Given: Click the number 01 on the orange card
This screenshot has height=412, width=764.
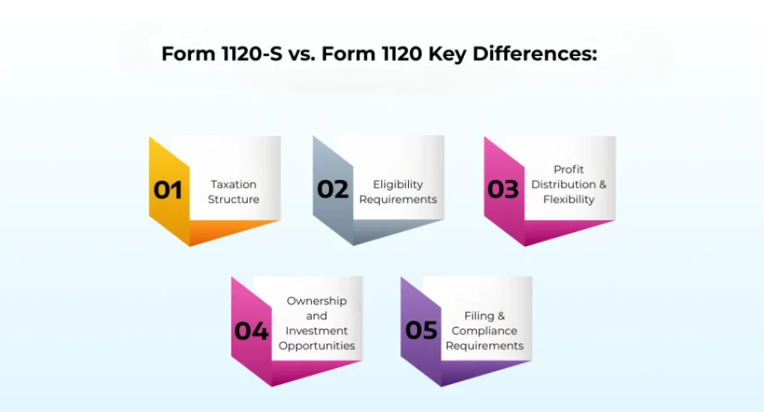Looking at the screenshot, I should tap(168, 190).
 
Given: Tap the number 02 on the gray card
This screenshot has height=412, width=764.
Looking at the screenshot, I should tap(333, 190).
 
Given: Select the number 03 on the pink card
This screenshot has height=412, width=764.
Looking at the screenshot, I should tap(504, 190).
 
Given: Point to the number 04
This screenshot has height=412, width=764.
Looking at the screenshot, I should tap(251, 331).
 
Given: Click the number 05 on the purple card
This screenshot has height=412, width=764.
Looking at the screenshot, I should tap(422, 331).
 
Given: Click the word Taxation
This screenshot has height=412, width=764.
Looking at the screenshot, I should tap(234, 184).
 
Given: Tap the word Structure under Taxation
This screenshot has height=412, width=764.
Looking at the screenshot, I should tap(234, 199).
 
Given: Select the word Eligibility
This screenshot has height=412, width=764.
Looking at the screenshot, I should tap(398, 184).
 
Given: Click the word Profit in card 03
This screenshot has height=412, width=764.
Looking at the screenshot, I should tap(569, 169).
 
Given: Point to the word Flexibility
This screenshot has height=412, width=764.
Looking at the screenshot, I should tap(569, 199).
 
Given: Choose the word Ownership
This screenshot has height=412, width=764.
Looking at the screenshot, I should tap(317, 301).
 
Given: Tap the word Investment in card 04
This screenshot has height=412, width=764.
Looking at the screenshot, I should tap(317, 331).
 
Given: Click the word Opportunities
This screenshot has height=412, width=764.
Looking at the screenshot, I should tap(317, 346).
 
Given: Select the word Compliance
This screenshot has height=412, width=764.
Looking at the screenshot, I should tap(484, 331).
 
